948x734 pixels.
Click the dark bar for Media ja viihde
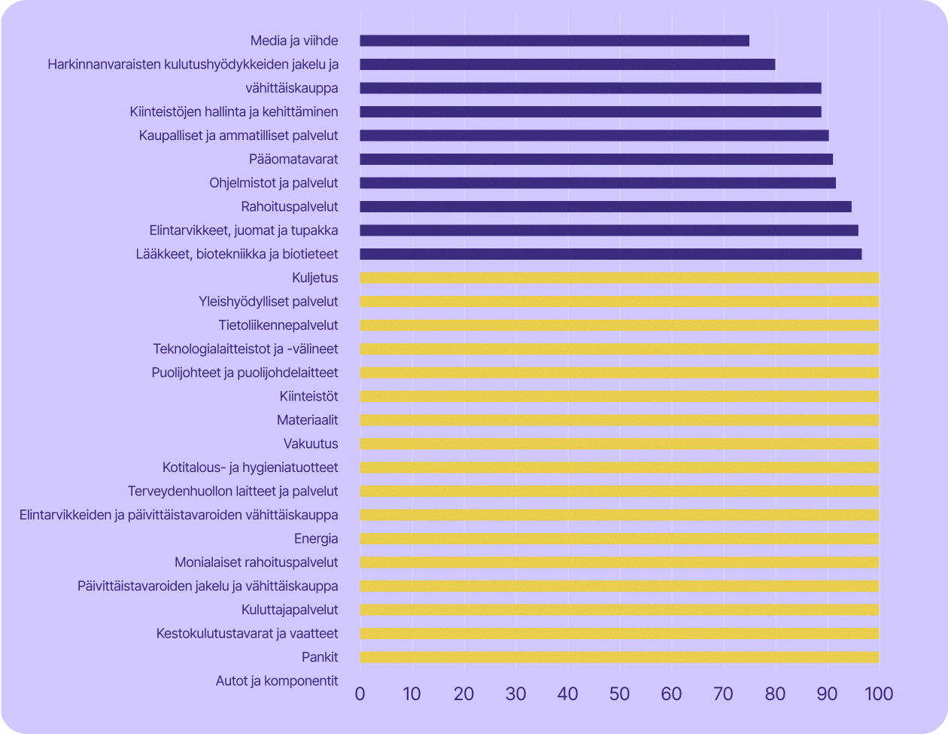click(x=555, y=41)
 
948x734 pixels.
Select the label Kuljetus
click(x=314, y=278)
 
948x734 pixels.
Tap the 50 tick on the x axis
click(x=619, y=693)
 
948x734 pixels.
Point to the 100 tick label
click(x=878, y=693)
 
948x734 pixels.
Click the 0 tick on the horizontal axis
click(x=360, y=693)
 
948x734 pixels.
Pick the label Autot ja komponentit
click(x=277, y=681)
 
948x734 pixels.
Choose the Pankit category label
click(x=320, y=657)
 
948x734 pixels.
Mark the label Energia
click(x=316, y=539)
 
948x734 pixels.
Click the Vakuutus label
click(x=311, y=444)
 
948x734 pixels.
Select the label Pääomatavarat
click(x=293, y=160)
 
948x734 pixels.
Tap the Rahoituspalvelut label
click(x=290, y=206)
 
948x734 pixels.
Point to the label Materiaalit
click(x=307, y=420)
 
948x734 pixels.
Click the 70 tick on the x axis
click(x=723, y=693)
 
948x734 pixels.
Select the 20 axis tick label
click(x=464, y=693)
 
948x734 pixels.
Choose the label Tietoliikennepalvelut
click(x=278, y=325)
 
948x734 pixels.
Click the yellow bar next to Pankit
click(x=619, y=657)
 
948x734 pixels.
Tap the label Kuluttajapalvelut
click(x=290, y=610)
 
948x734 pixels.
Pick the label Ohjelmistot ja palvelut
click(x=274, y=183)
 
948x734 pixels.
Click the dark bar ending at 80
click(x=567, y=65)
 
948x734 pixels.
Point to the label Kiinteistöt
click(x=308, y=397)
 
